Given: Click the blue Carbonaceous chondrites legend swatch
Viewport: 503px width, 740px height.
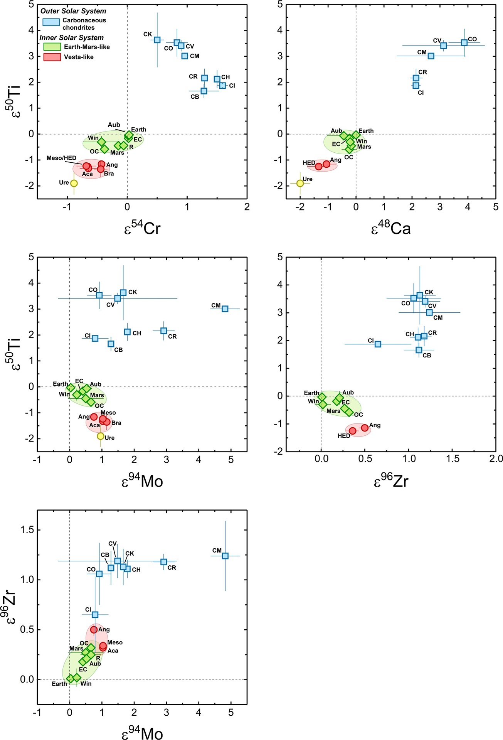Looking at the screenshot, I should tap(51, 22).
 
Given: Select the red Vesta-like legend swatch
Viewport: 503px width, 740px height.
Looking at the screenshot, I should tap(52, 57).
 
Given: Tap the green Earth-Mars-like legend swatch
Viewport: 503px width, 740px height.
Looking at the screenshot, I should tap(52, 47).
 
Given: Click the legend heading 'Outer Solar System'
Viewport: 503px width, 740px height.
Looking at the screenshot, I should tap(73, 11).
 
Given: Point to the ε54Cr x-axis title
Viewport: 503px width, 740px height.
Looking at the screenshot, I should tap(142, 229).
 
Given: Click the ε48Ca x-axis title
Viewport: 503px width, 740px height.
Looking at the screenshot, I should tap(391, 229).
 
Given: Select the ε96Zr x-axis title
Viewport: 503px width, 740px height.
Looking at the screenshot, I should tap(391, 481).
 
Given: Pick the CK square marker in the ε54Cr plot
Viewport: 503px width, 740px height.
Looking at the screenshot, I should tap(157, 40).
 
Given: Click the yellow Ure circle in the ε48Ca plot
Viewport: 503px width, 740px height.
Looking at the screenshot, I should tap(300, 183).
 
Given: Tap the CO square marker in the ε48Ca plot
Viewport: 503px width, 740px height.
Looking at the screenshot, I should tap(464, 42).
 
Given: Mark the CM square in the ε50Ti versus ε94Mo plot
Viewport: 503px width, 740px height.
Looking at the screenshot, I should tap(225, 309).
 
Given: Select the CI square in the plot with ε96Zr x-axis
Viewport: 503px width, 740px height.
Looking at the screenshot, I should tap(378, 344).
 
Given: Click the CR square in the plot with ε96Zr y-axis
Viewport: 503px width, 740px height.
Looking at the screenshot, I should tap(164, 562).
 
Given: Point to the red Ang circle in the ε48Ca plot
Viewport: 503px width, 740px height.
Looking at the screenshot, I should tap(326, 164).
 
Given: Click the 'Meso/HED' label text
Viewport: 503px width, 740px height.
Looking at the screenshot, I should tap(61, 158).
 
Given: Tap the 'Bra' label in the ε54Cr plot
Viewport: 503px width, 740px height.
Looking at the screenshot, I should tap(109, 174).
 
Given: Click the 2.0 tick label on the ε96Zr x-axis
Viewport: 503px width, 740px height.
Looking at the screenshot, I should tap(496, 459).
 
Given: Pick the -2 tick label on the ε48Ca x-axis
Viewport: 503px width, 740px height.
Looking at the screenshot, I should tap(299, 207).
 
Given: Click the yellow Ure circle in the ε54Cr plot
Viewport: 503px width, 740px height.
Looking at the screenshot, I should tap(74, 183).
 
